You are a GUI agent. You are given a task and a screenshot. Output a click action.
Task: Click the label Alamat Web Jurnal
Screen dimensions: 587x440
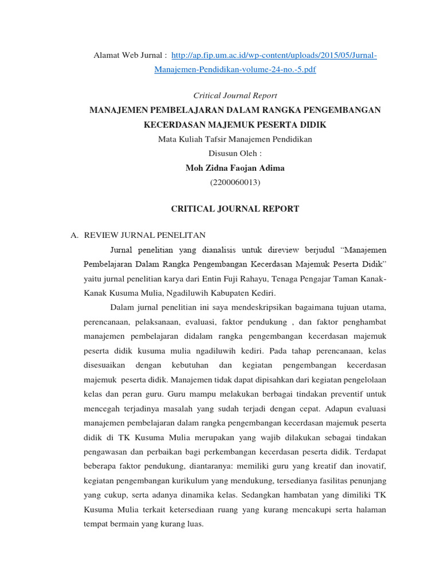[129, 55]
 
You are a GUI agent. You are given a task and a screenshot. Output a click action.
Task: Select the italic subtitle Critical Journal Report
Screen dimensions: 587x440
[235, 95]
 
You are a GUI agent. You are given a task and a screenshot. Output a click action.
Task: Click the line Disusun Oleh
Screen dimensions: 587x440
[235, 154]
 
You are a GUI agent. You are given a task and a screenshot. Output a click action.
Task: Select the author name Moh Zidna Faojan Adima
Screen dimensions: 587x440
[235, 168]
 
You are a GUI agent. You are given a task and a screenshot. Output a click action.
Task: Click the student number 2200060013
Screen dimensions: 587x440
[235, 182]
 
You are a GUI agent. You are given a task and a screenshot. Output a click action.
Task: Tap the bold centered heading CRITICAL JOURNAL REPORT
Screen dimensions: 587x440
[235, 209]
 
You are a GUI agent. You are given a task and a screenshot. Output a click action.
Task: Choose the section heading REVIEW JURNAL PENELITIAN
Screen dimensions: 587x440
[144, 235]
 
